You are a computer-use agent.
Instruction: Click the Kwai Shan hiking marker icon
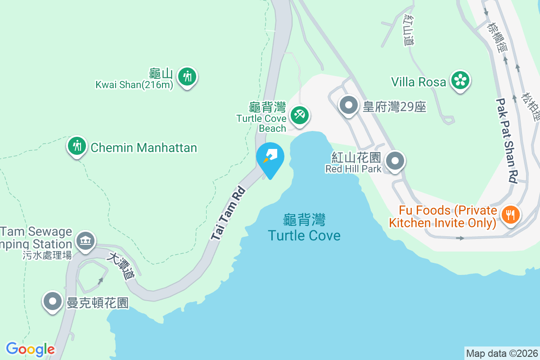click(187, 77)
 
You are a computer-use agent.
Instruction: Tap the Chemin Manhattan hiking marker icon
click(77, 146)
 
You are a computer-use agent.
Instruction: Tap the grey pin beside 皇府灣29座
click(348, 106)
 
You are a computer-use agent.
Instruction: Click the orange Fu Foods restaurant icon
click(510, 214)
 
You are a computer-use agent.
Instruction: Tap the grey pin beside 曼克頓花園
click(53, 301)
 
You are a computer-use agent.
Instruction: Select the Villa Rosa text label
click(418, 82)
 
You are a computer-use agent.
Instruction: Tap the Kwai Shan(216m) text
click(134, 85)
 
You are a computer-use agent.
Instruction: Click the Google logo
click(30, 349)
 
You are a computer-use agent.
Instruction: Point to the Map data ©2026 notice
click(502, 353)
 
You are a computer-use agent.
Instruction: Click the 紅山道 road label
click(409, 30)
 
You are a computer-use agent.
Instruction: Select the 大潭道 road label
click(121, 266)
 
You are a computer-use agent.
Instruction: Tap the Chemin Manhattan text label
click(144, 148)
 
